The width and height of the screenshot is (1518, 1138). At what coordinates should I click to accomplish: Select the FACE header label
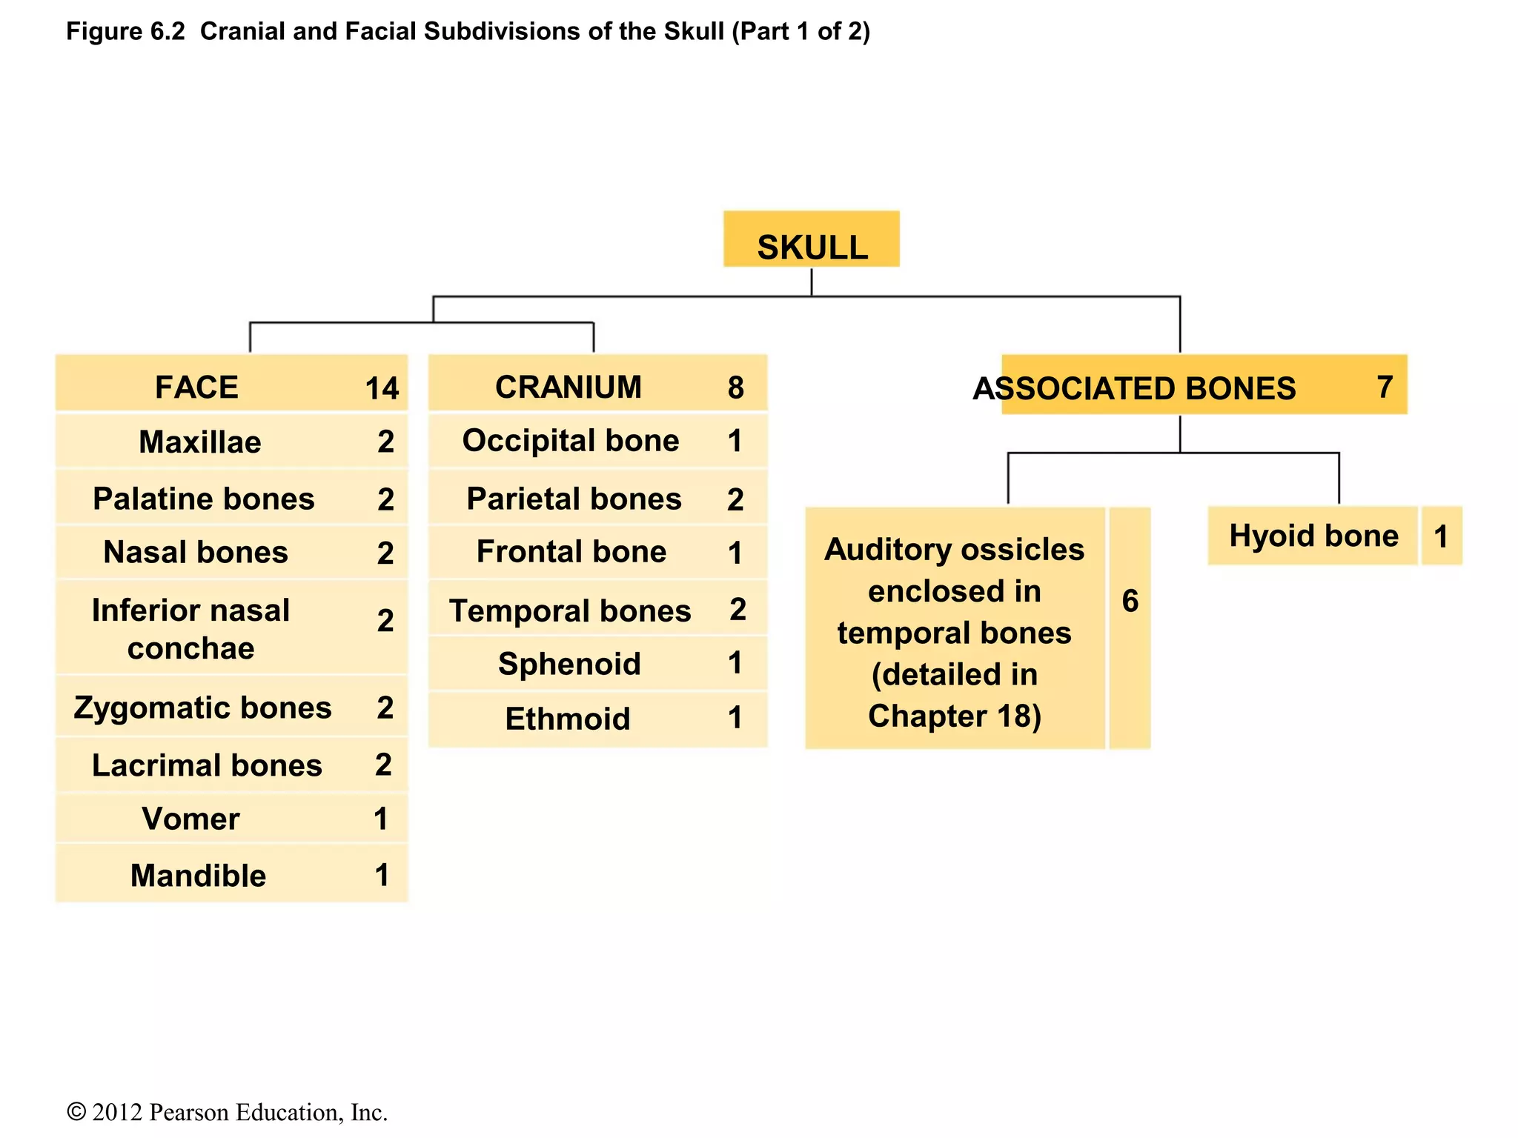pos(196,387)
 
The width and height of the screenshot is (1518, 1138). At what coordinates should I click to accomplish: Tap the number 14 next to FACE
pos(382,388)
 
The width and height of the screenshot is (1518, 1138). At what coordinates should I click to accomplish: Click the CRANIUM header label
pos(569,387)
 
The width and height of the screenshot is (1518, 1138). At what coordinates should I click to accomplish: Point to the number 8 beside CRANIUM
pos(735,387)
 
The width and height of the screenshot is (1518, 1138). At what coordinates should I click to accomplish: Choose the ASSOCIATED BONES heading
pos(1134,388)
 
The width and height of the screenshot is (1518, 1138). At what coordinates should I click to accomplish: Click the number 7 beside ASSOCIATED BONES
pos(1385,387)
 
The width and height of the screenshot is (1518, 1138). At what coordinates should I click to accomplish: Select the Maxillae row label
pos(200,442)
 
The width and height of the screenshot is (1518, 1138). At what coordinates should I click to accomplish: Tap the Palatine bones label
pos(204,499)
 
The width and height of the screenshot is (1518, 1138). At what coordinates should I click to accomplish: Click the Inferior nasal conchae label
pos(190,629)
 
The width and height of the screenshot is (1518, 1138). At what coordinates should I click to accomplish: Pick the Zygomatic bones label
pos(202,708)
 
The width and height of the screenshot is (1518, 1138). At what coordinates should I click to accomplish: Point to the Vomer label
pos(190,819)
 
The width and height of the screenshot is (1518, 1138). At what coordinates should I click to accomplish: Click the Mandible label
pos(198,875)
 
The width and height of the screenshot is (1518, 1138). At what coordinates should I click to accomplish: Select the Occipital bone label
pos(571,441)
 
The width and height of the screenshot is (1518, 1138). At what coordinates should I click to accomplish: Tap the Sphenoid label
pos(569,663)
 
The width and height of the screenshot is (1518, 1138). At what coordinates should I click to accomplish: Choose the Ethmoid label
pos(568,719)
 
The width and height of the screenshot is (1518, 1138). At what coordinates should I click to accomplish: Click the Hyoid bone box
pos(1313,536)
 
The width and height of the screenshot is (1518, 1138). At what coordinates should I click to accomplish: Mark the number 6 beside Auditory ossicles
pos(1130,601)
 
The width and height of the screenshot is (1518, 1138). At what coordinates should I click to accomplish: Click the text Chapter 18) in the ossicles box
pos(955,716)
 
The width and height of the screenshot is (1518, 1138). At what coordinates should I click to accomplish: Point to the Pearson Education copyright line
pos(227,1112)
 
